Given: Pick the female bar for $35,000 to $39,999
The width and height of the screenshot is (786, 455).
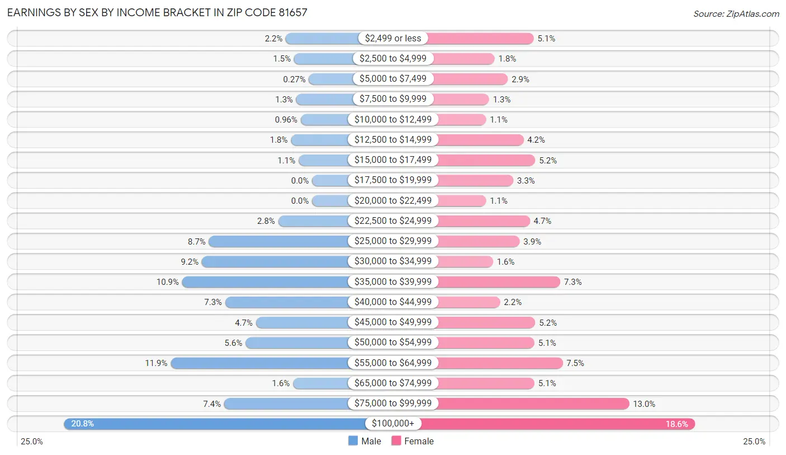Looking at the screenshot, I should pos(498,282).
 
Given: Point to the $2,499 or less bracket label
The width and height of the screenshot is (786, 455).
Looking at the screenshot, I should pos(393,38).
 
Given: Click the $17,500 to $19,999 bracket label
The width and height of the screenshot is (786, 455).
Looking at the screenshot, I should pos(393,180).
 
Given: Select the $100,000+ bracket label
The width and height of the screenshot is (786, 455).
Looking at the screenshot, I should pos(393,424).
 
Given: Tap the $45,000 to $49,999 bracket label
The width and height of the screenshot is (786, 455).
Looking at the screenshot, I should pos(393,322).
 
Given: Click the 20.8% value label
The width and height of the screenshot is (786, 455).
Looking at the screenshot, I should pos(83,424).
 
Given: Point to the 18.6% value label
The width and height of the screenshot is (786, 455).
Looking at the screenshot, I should pos(676,424).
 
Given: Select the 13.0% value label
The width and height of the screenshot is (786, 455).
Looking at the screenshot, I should pos(644,404).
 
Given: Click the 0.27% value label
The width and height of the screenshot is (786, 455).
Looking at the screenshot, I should pos(294,79).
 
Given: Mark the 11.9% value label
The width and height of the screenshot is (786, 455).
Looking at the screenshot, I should pos(156,363).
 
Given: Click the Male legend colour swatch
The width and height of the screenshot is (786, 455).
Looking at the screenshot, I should pos(353,441).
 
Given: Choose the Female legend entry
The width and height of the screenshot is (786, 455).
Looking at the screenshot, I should pos(413,441).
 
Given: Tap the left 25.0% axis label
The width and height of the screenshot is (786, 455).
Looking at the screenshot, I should pos(32,442).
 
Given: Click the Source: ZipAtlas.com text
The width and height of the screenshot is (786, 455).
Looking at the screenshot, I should pos(736,13).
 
